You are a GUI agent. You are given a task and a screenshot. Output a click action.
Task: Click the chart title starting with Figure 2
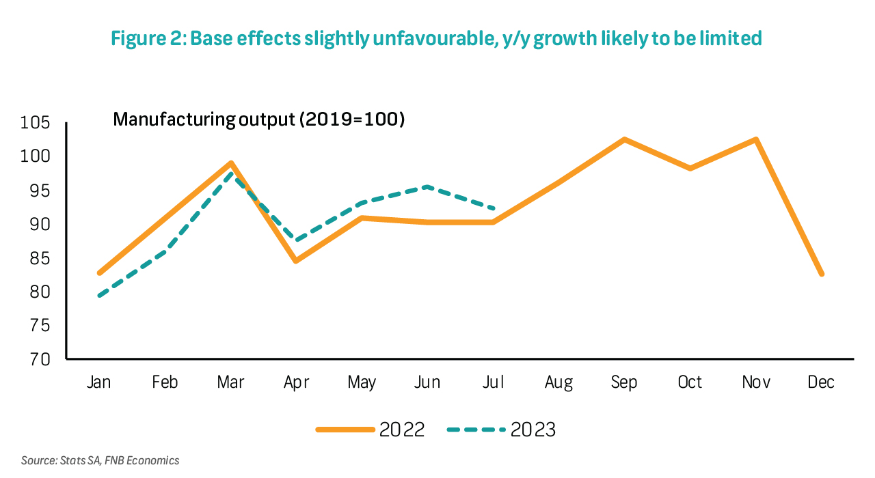coord(437,38)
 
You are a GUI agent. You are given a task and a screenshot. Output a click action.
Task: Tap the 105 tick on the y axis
coord(36,124)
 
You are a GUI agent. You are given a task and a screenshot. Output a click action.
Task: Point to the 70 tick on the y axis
coord(39,359)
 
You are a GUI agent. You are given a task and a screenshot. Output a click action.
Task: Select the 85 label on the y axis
coord(39,258)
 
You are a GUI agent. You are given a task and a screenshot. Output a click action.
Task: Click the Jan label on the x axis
coord(99,382)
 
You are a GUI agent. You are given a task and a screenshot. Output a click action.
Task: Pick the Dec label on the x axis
coord(821,382)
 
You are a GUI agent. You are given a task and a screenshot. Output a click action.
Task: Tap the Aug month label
coord(558,382)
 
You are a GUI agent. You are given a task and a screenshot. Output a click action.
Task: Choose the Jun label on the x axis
coord(427,382)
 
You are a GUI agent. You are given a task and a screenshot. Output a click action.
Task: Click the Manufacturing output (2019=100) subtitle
coord(259,119)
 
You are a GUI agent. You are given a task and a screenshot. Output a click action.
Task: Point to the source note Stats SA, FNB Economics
coord(100,461)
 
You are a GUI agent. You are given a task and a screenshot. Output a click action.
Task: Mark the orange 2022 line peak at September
coord(624,139)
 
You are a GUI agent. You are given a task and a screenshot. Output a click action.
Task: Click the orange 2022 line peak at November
coord(755,139)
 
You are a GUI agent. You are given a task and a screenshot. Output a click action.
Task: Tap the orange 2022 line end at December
coord(821,274)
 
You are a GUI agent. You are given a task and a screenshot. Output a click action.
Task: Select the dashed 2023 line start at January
coord(99,296)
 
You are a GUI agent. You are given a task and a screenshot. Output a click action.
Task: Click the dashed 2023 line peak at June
coord(427,186)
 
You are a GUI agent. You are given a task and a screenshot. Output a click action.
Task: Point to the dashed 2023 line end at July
coord(493,208)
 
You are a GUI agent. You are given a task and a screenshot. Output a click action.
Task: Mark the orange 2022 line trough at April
coord(296,261)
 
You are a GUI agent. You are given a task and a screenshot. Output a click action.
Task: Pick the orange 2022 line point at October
coord(690,168)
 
